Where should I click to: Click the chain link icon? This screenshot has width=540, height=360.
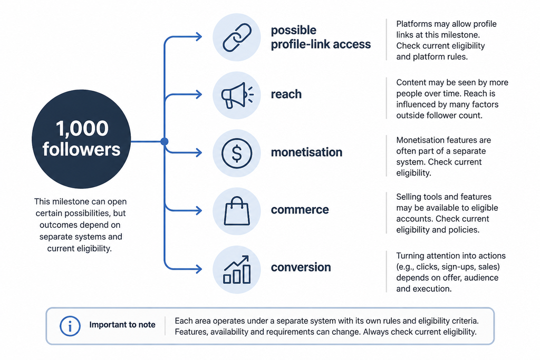pyautogui.click(x=237, y=37)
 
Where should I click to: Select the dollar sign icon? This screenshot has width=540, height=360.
pyautogui.click(x=237, y=153)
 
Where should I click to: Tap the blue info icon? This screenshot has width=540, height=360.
pyautogui.click(x=70, y=326)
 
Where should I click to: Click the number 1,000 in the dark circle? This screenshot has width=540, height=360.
pyautogui.click(x=82, y=129)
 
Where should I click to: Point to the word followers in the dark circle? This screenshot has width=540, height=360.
pyautogui.click(x=82, y=149)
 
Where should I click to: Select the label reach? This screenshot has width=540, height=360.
pyautogui.click(x=286, y=94)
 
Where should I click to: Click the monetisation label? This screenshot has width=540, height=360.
pyautogui.click(x=306, y=152)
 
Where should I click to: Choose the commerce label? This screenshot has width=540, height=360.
pyautogui.click(x=300, y=210)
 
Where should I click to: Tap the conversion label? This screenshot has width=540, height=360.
pyautogui.click(x=301, y=267)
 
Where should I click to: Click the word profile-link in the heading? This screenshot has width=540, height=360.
pyautogui.click(x=300, y=44)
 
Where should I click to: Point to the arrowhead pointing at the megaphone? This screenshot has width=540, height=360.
pyautogui.click(x=199, y=94)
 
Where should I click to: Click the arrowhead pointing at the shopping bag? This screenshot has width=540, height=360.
pyautogui.click(x=199, y=210)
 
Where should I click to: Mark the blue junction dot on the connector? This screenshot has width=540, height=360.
pyautogui.click(x=165, y=141)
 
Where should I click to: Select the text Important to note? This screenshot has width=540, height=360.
pyautogui.click(x=122, y=325)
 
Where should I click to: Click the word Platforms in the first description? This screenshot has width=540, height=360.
pyautogui.click(x=412, y=24)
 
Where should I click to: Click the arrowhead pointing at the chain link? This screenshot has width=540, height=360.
pyautogui.click(x=199, y=36)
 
